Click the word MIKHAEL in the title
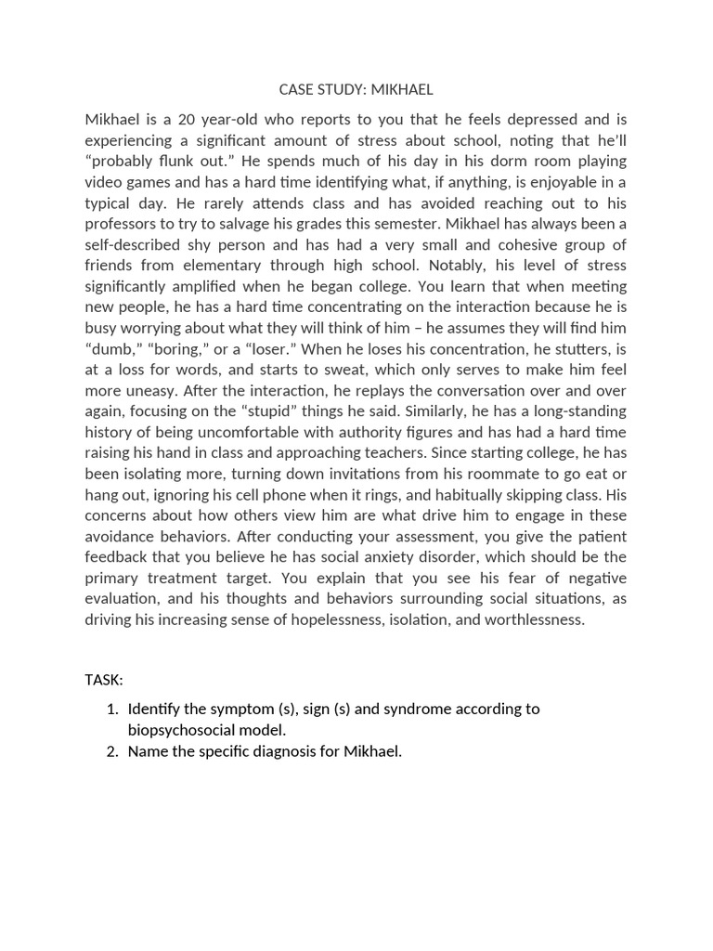tap(399, 90)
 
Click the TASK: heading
tap(104, 680)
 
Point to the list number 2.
tap(111, 751)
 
